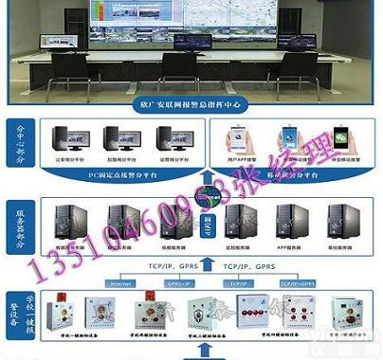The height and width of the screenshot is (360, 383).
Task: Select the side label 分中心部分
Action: [x=20, y=145]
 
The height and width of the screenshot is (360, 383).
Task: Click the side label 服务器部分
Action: [x=20, y=228]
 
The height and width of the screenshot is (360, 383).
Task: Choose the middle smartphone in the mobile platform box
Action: [x=292, y=143]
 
